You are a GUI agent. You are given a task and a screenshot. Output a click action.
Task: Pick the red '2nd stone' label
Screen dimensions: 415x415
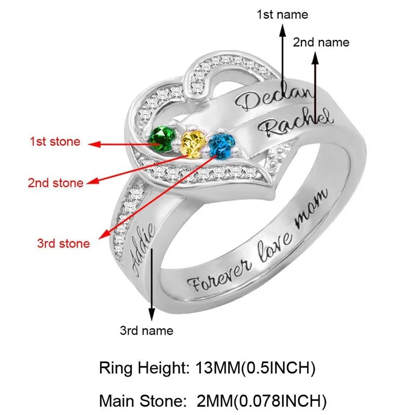pyautogui.click(x=56, y=183)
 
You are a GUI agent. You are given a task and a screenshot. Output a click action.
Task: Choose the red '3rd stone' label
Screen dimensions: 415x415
pyautogui.click(x=63, y=243)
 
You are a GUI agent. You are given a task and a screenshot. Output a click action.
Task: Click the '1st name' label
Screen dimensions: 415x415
pyautogui.click(x=282, y=14)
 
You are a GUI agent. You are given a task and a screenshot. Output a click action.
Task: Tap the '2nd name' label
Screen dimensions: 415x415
pyautogui.click(x=321, y=42)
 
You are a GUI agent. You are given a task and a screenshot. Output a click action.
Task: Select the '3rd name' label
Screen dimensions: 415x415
pyautogui.click(x=147, y=330)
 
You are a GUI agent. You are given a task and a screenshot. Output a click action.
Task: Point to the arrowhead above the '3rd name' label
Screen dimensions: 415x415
pyautogui.click(x=151, y=314)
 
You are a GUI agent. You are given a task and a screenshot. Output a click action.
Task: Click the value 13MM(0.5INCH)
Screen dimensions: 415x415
pyautogui.click(x=256, y=369)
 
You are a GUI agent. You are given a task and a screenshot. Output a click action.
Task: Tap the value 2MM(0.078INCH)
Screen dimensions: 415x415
pyautogui.click(x=262, y=400)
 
